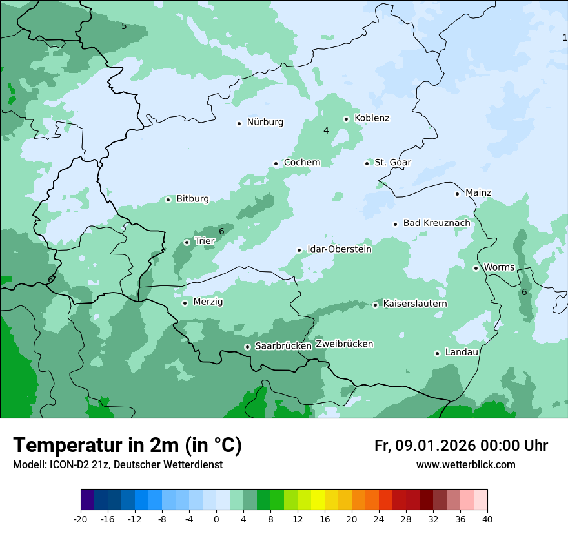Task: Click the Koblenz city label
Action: pos(372,118)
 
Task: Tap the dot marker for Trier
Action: pos(187,242)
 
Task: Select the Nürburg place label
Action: pos(265,122)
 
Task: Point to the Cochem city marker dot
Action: pos(276,163)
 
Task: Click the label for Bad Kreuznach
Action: pos(436,223)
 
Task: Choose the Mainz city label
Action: pos(478,192)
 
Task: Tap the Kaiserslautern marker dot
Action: pos(375,305)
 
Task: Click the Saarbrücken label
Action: pos(283,346)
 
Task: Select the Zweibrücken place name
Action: pos(344,344)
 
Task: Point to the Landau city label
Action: pos(462,352)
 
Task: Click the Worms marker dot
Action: pos(476,268)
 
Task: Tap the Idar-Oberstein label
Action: pos(339,249)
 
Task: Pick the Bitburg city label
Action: pos(192,199)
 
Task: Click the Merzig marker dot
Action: pos(185,303)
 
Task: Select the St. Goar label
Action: pos(392,162)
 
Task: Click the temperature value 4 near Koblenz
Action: pos(326,130)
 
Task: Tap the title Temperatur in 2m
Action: pos(127,446)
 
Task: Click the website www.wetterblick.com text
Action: pos(465,464)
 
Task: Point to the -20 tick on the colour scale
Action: pos(81,519)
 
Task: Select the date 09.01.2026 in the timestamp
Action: pos(435,446)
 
